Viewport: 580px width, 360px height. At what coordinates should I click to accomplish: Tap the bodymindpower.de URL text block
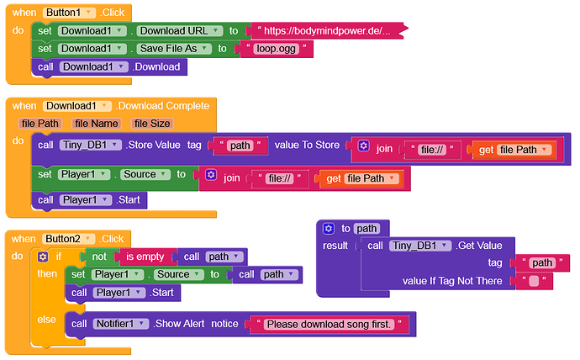(x=324, y=31)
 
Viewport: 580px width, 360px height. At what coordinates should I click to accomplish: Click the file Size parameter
(x=152, y=124)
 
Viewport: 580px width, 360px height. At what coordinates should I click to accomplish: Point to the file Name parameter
(x=96, y=124)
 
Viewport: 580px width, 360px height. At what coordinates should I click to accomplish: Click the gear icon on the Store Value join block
(x=363, y=146)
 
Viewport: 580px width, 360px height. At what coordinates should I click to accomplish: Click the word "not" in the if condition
(x=98, y=257)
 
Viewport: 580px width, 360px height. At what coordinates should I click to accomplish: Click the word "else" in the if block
(x=46, y=320)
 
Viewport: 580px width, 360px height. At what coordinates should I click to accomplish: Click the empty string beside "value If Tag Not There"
(x=533, y=281)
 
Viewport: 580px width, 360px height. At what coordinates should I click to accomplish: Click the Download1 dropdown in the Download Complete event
(x=76, y=106)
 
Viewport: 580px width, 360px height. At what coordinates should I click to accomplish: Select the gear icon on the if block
(x=42, y=257)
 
